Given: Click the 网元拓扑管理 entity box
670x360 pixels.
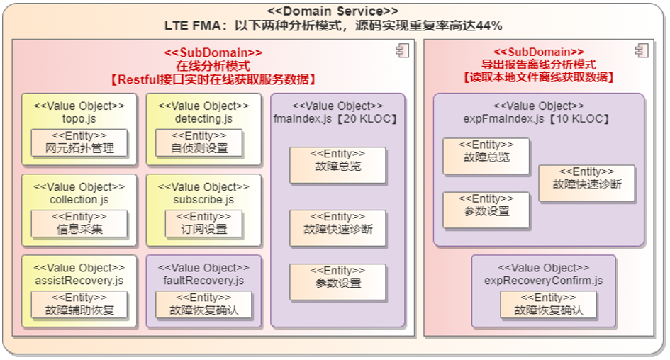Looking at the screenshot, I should pos(79,143).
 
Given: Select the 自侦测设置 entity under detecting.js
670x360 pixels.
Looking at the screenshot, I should pos(199,143).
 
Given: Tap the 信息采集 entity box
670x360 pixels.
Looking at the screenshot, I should pos(79,224).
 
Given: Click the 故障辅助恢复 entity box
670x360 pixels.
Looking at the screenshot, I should pos(79,305).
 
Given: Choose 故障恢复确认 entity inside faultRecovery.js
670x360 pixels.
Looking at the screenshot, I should pos(204,305).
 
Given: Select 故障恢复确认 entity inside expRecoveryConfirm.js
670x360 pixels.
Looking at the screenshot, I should pos(548,305).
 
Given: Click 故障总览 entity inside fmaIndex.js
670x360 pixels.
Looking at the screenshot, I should pos(337,165).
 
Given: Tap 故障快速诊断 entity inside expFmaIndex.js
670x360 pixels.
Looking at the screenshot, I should pos(586,184).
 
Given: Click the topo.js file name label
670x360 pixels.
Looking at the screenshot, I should pos(79,118).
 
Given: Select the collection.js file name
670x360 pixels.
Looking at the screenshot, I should pos(79,200).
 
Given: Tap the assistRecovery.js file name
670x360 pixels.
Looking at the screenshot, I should pos(79,281).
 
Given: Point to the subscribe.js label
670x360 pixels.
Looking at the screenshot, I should pos(204,200).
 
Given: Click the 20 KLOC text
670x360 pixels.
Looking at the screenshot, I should pos(373,118).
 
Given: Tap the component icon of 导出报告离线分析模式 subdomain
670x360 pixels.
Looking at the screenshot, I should pos(642,50).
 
